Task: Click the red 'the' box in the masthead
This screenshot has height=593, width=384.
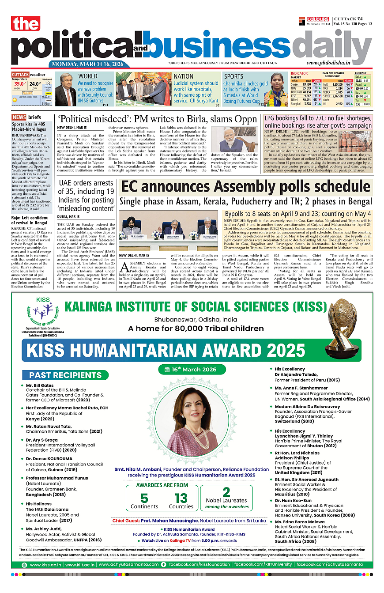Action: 26,23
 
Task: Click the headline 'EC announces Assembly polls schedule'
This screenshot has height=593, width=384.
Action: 245,187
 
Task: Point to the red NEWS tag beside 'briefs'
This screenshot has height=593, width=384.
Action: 19,117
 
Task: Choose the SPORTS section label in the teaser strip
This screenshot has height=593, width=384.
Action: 233,76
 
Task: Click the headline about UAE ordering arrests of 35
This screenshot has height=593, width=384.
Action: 86,195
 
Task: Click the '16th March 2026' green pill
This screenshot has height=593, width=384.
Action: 192,370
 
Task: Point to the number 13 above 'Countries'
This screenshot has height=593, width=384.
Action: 181,499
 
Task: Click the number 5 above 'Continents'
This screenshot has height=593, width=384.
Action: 144,499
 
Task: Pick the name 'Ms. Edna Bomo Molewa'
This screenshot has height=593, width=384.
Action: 294,521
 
